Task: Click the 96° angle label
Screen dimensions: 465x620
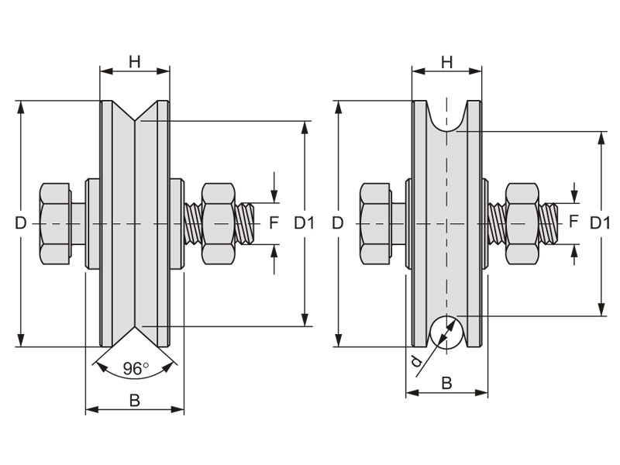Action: tap(135, 369)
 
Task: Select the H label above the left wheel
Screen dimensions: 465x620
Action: tap(135, 61)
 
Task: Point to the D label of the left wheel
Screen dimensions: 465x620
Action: tap(21, 223)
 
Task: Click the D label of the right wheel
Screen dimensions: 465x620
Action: tap(337, 223)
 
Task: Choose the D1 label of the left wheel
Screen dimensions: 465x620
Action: tap(304, 223)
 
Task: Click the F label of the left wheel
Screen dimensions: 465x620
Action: tap(273, 223)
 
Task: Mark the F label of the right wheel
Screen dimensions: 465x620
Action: tap(573, 221)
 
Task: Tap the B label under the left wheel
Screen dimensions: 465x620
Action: tap(134, 400)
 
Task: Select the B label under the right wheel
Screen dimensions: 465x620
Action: tap(446, 383)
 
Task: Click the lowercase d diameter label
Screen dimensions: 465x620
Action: tap(416, 360)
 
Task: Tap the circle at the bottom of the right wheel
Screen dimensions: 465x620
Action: tap(446, 332)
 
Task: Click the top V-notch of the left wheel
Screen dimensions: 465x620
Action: tap(135, 113)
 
